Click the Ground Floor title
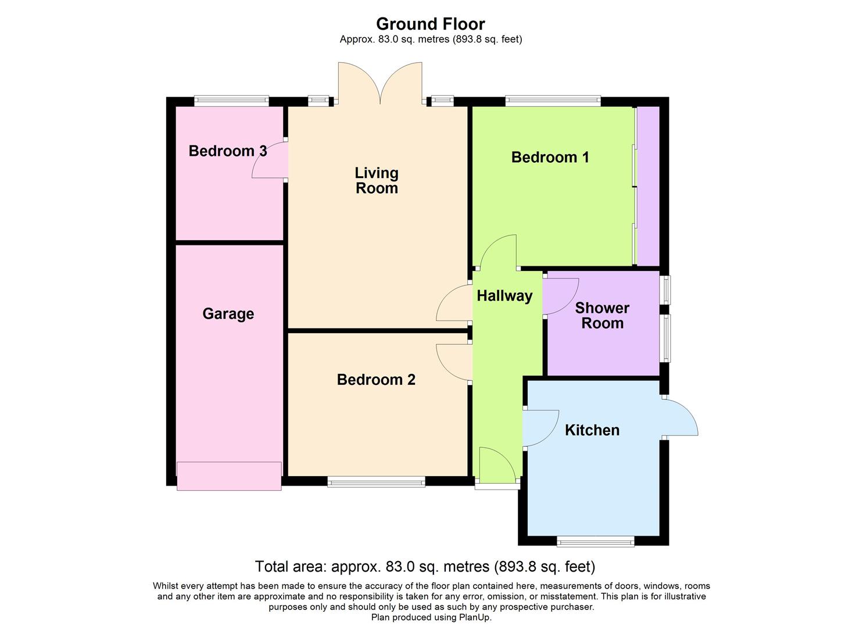tap(430, 24)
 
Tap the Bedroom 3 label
tap(228, 151)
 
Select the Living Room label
tap(377, 180)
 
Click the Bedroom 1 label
tap(550, 157)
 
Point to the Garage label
tap(228, 314)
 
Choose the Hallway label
tap(504, 296)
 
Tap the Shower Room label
tap(602, 316)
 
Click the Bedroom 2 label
tap(376, 380)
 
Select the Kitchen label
tap(592, 430)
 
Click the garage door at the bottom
tap(229, 476)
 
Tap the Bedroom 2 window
tap(376, 481)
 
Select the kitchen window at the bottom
tap(595, 542)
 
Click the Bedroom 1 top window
tap(553, 101)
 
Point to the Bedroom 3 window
tap(231, 101)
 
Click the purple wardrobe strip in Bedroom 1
tap(648, 186)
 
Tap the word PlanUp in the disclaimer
tap(476, 618)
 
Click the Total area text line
tap(425, 566)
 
